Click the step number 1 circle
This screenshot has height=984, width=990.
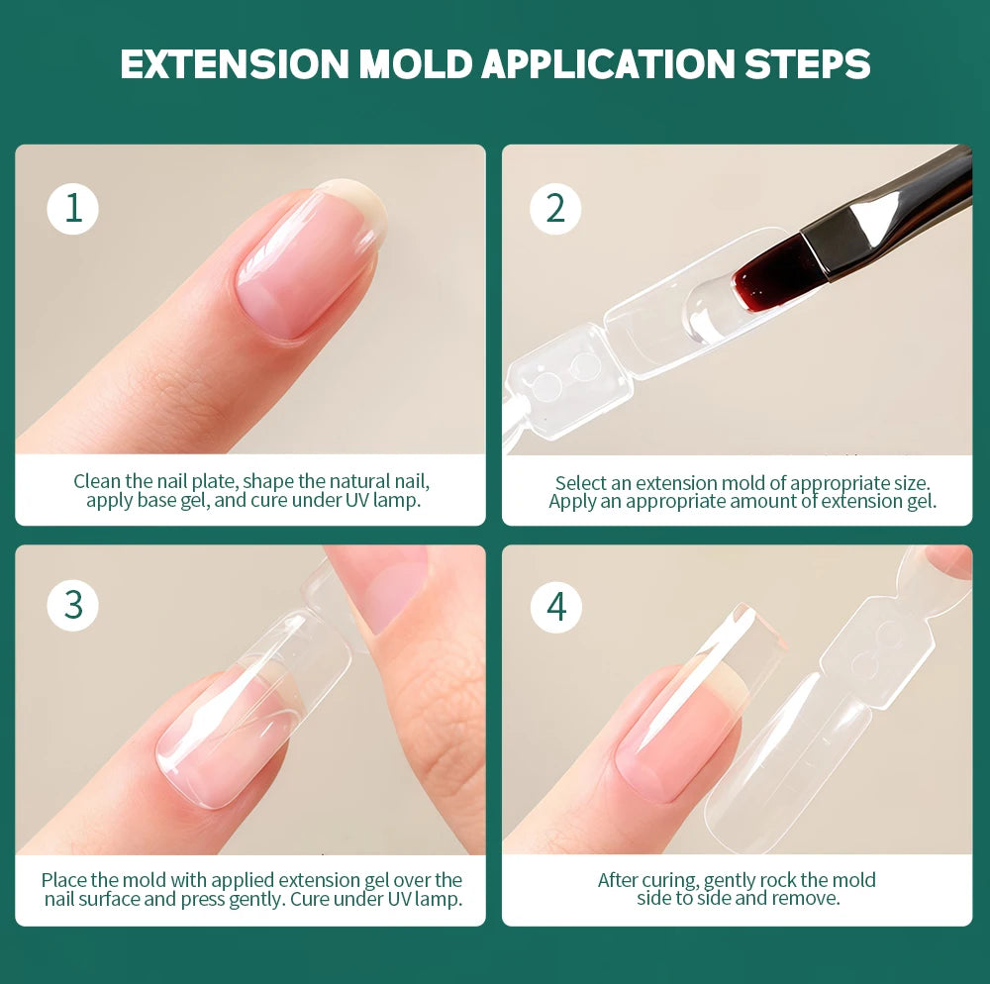[72, 209]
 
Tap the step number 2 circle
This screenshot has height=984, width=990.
[555, 209]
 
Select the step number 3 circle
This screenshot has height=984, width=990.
[72, 605]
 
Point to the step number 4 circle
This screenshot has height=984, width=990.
[555, 605]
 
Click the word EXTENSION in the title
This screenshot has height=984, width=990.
[234, 63]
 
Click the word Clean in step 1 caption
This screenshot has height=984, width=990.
[97, 482]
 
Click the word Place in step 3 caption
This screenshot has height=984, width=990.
[64, 879]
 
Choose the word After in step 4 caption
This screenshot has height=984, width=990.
[621, 879]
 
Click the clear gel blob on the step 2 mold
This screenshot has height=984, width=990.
[708, 310]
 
